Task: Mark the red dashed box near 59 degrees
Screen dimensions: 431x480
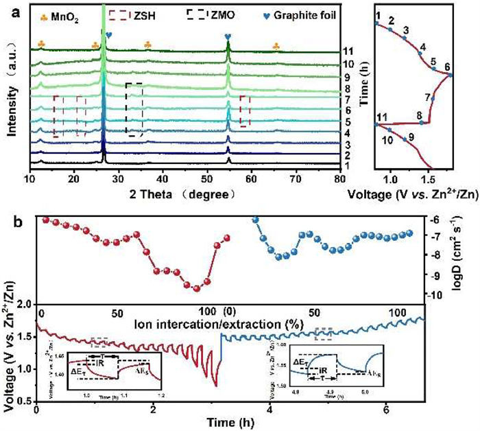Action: click(245, 110)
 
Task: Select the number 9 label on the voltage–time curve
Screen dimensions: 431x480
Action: click(411, 137)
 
